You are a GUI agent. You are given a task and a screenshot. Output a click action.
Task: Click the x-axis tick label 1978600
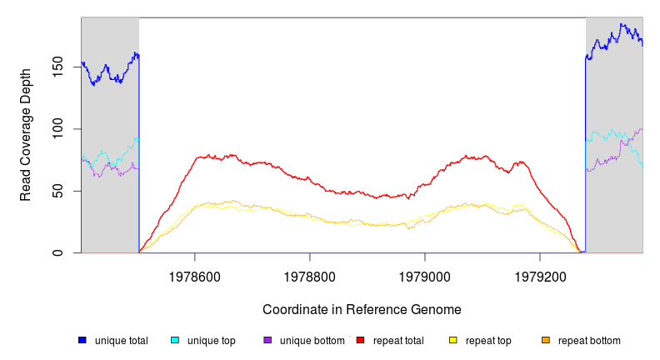(195, 273)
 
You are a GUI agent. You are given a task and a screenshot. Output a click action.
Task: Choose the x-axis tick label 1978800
(310, 273)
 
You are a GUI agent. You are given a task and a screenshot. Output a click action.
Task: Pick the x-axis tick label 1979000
(425, 273)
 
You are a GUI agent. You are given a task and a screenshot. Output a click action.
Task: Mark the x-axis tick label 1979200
(540, 273)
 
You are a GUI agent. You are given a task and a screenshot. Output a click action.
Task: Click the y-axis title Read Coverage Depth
(26, 135)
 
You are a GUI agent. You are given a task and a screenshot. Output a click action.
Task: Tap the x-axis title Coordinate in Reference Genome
(362, 310)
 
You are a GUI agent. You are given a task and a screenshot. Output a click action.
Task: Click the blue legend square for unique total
(82, 340)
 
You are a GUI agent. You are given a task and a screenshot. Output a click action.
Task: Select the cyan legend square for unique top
(175, 340)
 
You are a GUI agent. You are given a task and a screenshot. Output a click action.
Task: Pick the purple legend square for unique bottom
(267, 340)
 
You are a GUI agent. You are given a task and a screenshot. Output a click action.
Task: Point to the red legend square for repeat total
(360, 340)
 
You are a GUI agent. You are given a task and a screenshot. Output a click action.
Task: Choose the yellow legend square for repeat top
(453, 340)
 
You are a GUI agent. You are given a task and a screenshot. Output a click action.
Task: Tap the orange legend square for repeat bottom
(546, 340)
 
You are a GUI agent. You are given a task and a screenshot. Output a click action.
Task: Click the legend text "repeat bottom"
(589, 341)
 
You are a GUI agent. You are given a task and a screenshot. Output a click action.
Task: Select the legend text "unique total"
(122, 341)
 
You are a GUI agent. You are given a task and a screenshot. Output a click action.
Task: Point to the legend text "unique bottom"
(312, 341)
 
